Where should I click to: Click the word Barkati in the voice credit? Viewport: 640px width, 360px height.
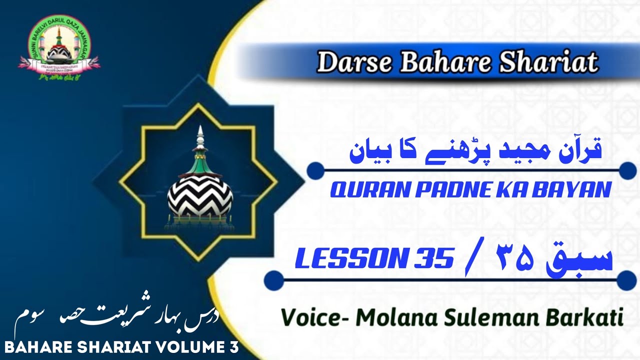coord(587,317)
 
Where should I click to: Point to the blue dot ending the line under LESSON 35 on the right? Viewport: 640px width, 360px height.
coord(626,279)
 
